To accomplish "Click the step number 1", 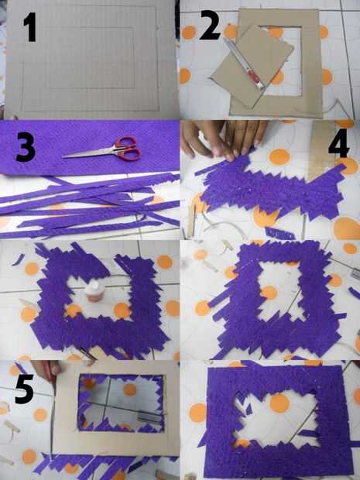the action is click(x=30, y=26).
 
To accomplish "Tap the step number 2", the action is click(x=210, y=26).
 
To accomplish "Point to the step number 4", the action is click(x=339, y=142).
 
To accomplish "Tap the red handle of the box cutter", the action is click(x=254, y=76).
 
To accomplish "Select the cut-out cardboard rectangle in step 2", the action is click(x=252, y=66).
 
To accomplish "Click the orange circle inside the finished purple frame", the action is click(x=279, y=403).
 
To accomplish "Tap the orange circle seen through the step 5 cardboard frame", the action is click(x=130, y=389).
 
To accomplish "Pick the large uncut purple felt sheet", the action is click(x=89, y=147).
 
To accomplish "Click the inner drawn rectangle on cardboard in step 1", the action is click(x=92, y=57).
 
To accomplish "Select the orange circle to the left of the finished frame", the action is click(x=198, y=413).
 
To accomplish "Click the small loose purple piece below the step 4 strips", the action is click(x=279, y=234).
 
